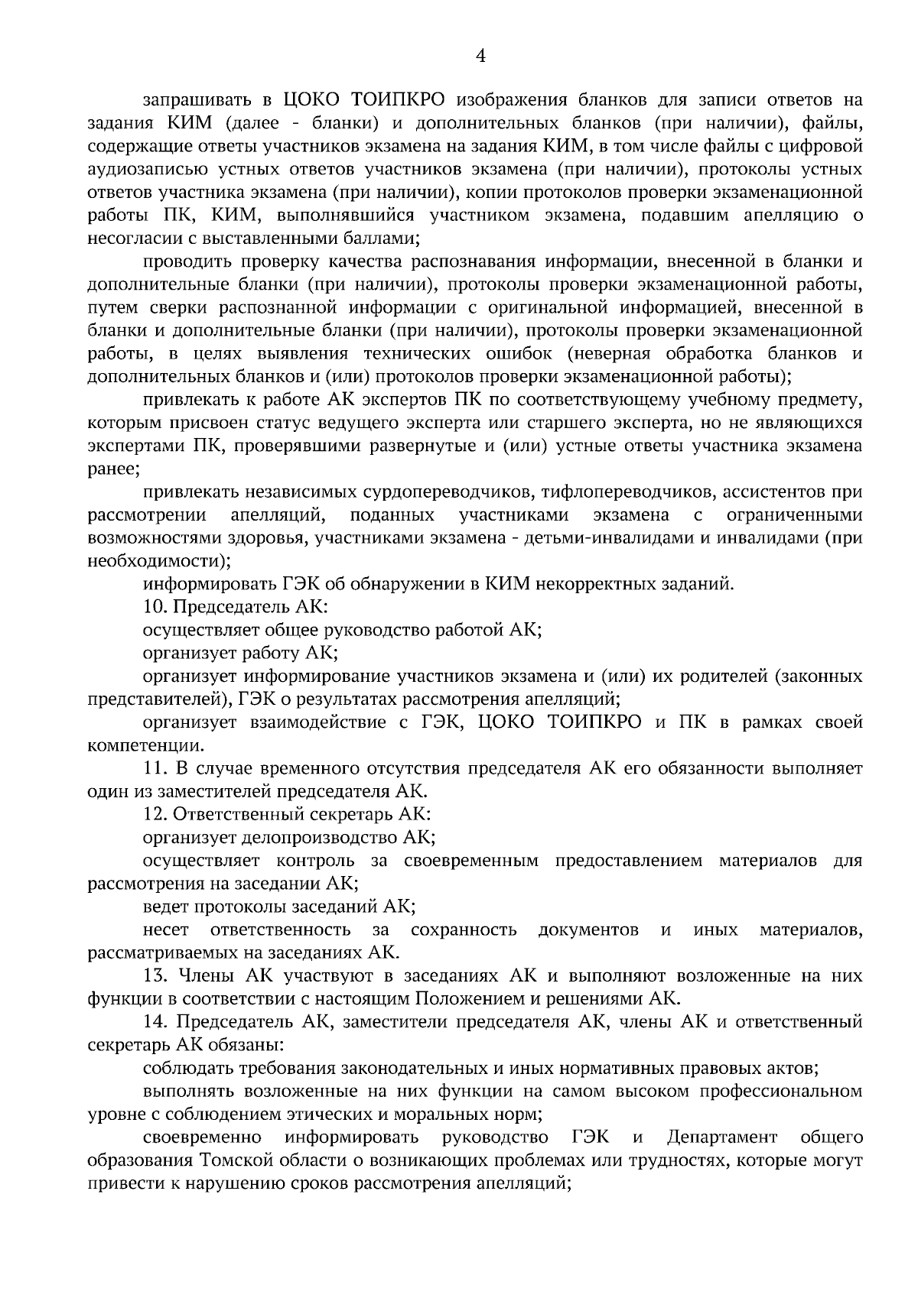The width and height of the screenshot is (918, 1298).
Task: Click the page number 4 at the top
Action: pyautogui.click(x=480, y=55)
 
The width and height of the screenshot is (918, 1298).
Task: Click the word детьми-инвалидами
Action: pyautogui.click(x=604, y=538)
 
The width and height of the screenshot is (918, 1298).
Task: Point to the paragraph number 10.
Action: pyautogui.click(x=155, y=608)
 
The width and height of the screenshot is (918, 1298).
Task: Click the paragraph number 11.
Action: pyautogui.click(x=155, y=768)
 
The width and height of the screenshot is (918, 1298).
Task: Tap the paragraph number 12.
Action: pyautogui.click(x=155, y=815)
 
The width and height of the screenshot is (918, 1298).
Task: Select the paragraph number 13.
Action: pyautogui.click(x=155, y=976)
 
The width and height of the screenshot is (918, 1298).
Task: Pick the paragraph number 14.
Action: pyautogui.click(x=155, y=1022)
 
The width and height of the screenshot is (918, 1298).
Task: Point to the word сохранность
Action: pyautogui.click(x=463, y=930)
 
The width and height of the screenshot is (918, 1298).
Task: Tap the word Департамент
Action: pyautogui.click(x=722, y=1137)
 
